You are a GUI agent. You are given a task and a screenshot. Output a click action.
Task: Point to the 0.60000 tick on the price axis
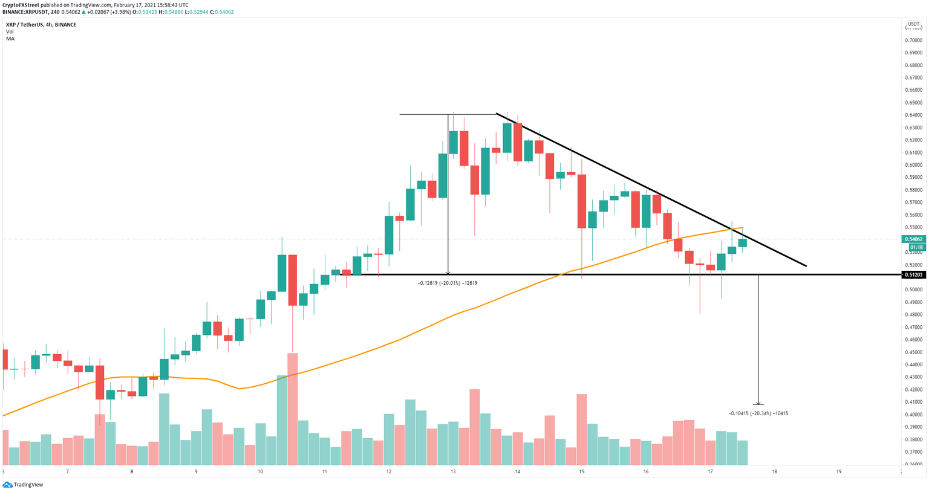click(913, 165)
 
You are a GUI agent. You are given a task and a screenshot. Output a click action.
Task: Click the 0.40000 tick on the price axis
click(913, 415)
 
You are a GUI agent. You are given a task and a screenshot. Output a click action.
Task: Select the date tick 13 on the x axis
click(452, 471)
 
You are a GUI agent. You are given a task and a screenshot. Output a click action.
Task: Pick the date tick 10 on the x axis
click(260, 471)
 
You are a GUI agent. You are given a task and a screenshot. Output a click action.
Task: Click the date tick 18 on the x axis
click(774, 471)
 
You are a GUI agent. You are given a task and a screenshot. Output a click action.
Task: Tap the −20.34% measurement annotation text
click(758, 413)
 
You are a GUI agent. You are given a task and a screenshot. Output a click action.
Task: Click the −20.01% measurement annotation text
click(448, 283)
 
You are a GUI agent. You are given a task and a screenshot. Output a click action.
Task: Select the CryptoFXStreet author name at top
click(23, 5)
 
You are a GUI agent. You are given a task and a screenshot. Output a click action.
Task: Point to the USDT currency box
click(913, 25)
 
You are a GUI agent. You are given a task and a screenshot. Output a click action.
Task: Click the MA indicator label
click(10, 39)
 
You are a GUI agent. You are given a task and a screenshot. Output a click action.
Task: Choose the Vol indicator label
click(10, 31)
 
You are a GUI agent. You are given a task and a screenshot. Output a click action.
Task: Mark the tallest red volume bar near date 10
click(293, 409)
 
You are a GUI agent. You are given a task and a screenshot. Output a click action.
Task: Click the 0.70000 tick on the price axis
click(913, 40)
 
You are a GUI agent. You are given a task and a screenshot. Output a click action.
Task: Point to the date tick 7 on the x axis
click(68, 471)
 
